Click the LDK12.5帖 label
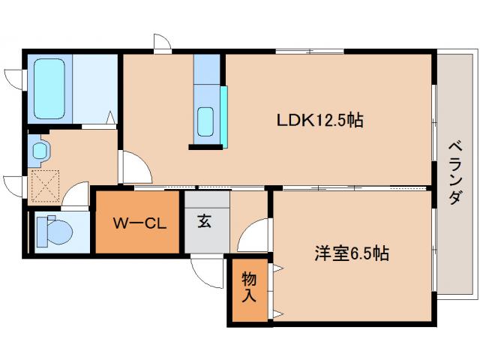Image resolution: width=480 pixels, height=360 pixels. tap(320, 119)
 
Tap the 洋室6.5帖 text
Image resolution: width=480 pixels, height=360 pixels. tap(351, 253)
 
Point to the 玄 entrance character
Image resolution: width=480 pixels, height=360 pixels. tap(204, 222)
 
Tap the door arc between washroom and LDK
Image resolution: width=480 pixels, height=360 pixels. tap(133, 166)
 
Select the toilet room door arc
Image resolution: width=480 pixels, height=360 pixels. tap(75, 197)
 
